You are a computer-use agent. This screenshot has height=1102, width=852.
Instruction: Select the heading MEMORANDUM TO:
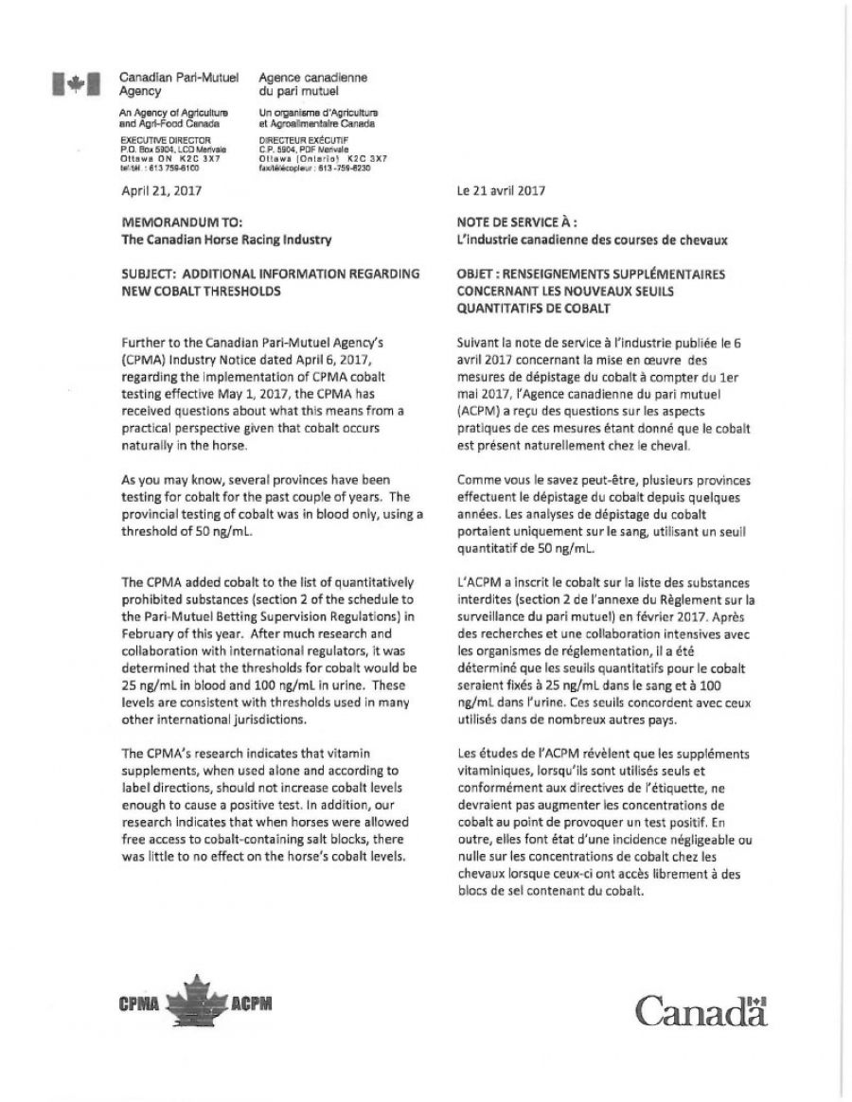175,222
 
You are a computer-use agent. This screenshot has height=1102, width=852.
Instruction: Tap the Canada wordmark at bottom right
700,1010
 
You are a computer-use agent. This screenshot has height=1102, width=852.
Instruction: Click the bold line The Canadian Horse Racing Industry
226,240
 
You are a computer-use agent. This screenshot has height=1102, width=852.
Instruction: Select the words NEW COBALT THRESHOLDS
201,291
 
